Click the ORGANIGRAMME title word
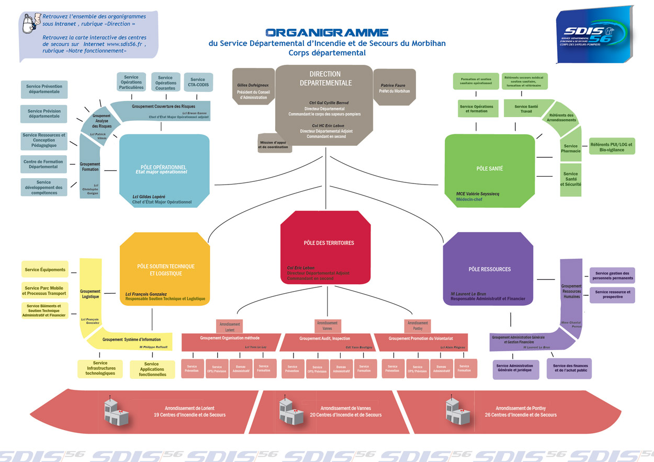click(326, 32)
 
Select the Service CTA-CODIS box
click(198, 83)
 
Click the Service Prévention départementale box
click(44, 89)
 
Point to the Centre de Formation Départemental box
click(43, 164)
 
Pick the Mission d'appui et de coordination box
click(273, 144)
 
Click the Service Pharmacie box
click(571, 148)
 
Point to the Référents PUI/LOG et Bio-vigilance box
click(611, 147)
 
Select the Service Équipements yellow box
click(45, 270)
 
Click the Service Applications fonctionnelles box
click(151, 369)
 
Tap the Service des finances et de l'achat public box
click(570, 368)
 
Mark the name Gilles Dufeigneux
click(253, 85)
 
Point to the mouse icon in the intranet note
click(32, 22)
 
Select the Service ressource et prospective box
click(612, 294)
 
